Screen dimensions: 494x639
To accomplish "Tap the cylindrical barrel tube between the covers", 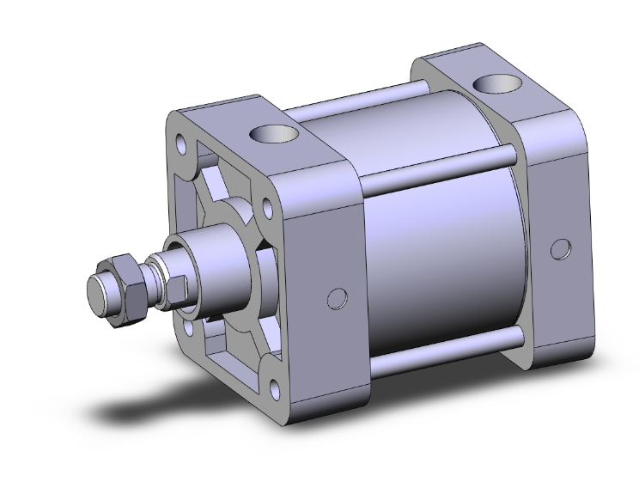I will [438, 249].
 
